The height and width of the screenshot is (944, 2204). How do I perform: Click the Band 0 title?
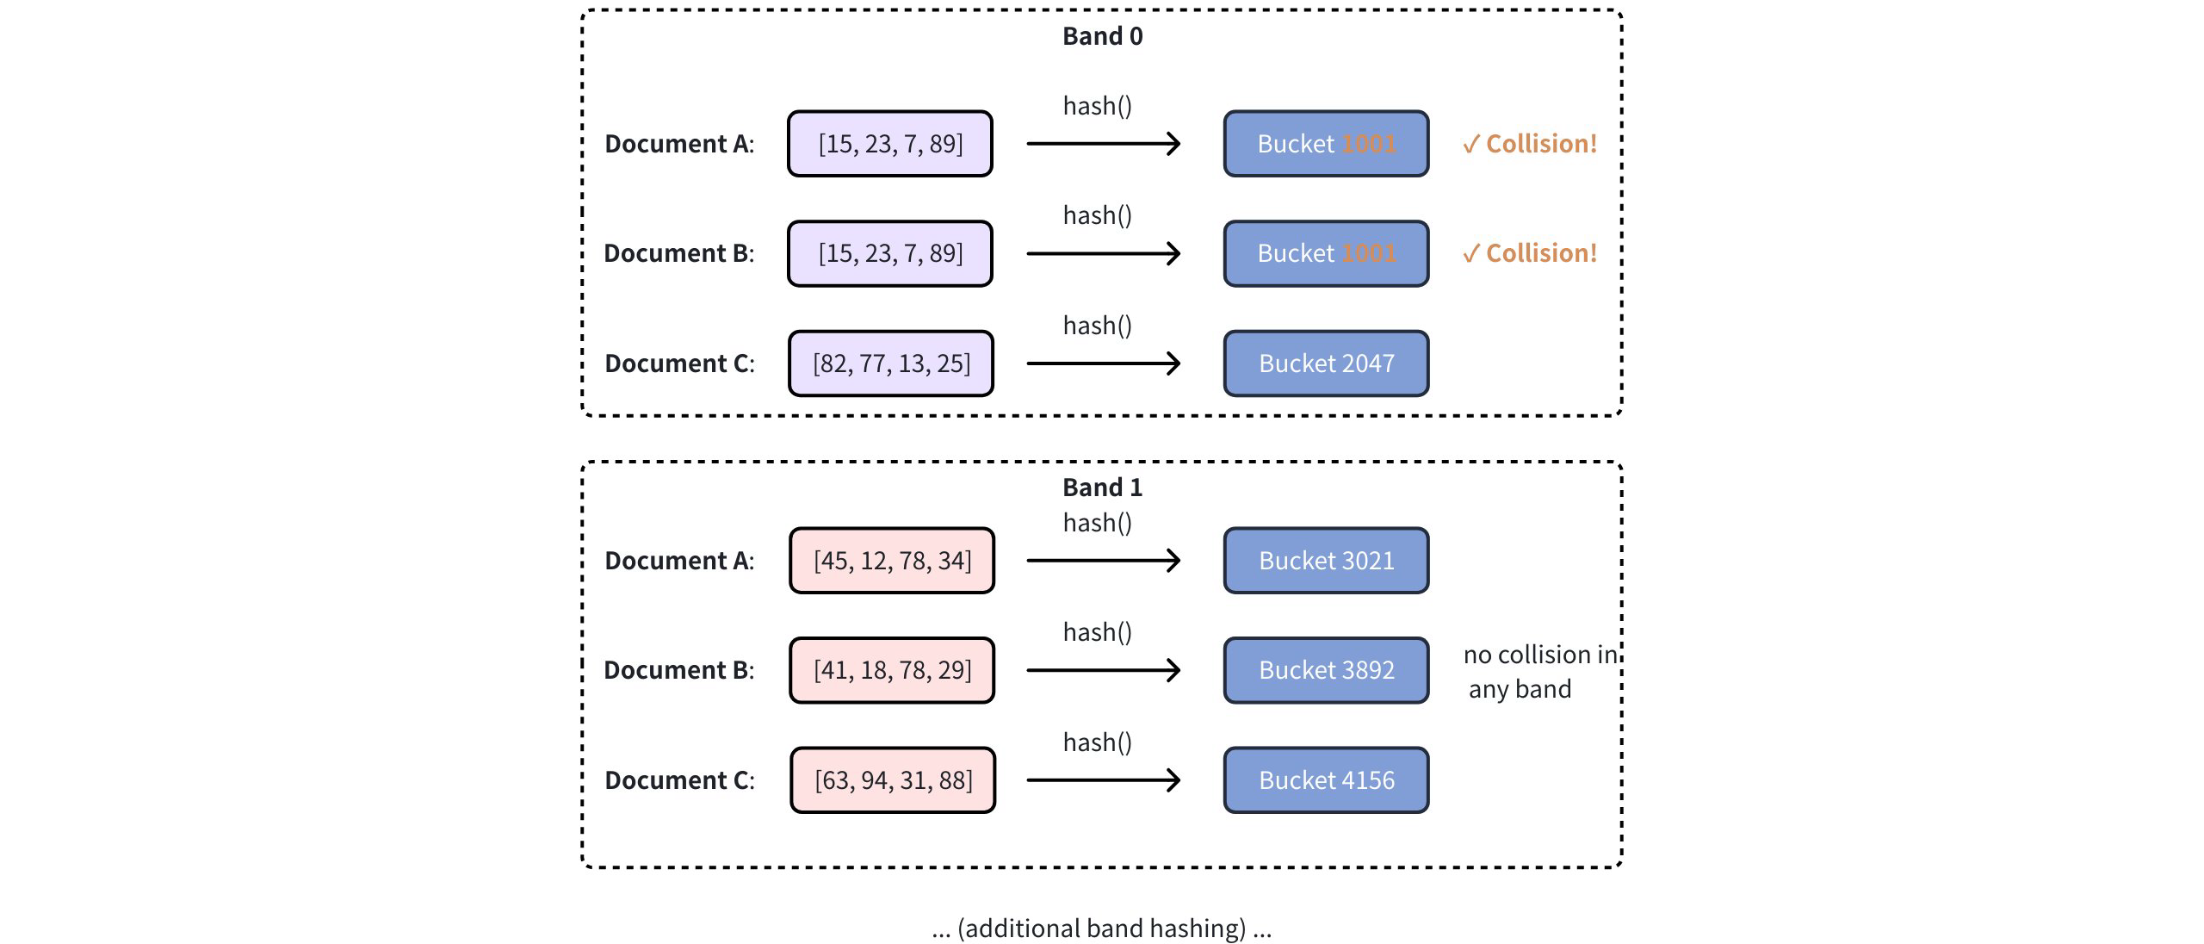pyautogui.click(x=1102, y=36)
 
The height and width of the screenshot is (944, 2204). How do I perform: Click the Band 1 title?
pyautogui.click(x=1102, y=488)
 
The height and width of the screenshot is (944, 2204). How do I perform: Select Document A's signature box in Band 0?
pyautogui.click(x=889, y=144)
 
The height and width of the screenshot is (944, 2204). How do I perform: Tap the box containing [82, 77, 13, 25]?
pyautogui.click(x=890, y=363)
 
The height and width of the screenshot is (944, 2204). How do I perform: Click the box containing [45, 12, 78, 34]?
pyautogui.click(x=892, y=561)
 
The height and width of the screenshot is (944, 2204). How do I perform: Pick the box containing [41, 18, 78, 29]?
pyautogui.click(x=892, y=670)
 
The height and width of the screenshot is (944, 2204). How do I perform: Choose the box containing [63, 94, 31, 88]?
pyautogui.click(x=893, y=780)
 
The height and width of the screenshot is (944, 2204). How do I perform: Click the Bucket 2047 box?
pyautogui.click(x=1326, y=363)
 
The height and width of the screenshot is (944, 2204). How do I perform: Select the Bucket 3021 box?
pyautogui.click(x=1326, y=561)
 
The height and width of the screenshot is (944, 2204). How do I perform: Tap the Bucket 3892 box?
pyautogui.click(x=1326, y=670)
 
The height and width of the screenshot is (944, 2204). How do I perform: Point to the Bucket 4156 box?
pyautogui.click(x=1326, y=780)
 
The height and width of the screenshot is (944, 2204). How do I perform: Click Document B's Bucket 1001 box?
pyautogui.click(x=1326, y=253)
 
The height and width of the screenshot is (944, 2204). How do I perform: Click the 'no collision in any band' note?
pyautogui.click(x=1532, y=672)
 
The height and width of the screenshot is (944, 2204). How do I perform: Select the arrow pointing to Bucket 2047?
pyautogui.click(x=1103, y=363)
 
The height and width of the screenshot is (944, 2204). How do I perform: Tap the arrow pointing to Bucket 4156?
pyautogui.click(x=1103, y=780)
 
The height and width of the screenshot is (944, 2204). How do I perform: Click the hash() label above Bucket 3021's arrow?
pyautogui.click(x=1098, y=523)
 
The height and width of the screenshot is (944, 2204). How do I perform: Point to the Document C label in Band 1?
pyautogui.click(x=679, y=780)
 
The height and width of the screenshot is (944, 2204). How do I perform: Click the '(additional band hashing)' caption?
pyautogui.click(x=1102, y=928)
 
